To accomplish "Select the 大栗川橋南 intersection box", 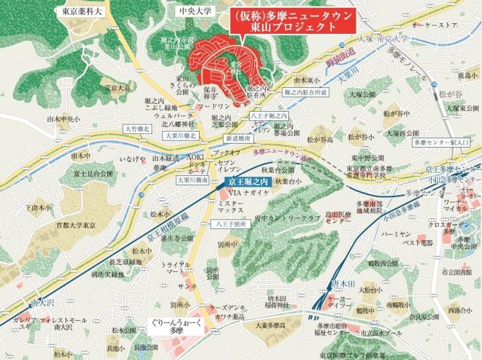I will pyautogui.click(x=192, y=179).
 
